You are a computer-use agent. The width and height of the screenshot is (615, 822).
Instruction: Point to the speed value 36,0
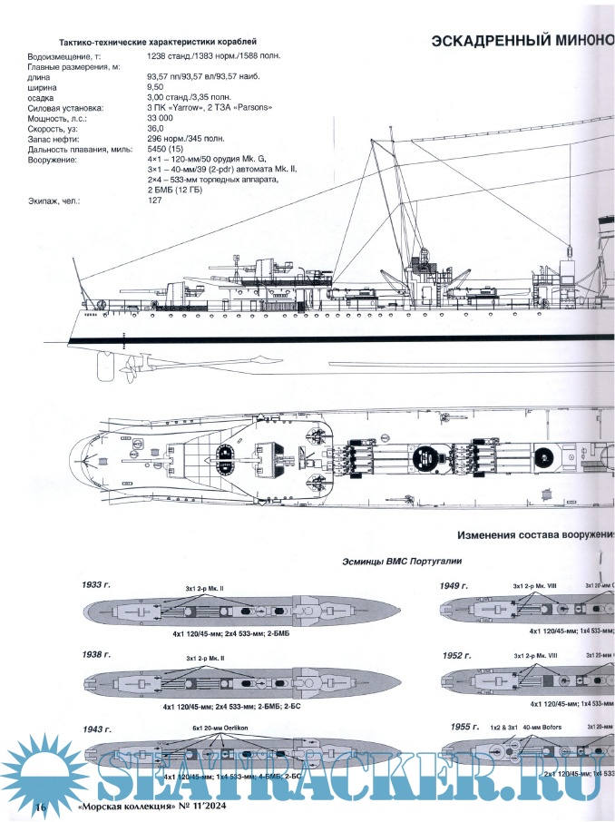(x=155, y=128)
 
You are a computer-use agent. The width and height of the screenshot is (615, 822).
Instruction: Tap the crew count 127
(x=155, y=201)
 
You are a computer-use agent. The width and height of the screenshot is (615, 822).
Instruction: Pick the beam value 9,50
(x=157, y=87)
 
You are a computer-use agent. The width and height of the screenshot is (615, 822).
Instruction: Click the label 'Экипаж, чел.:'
(x=54, y=201)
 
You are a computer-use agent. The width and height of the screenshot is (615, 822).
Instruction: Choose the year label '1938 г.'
(x=93, y=654)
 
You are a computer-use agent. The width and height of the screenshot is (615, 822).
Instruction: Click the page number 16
(x=40, y=807)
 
